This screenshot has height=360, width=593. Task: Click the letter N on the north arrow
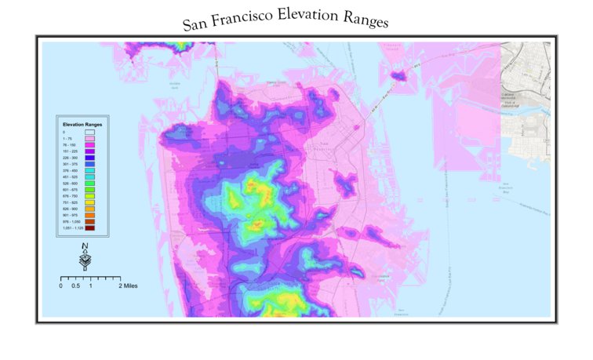(x=85, y=248)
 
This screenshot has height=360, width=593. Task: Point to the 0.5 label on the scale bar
(x=75, y=286)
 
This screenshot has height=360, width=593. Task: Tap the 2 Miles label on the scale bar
(x=128, y=286)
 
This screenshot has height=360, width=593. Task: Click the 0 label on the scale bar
(x=61, y=286)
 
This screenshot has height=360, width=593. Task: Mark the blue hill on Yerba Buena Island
(x=399, y=76)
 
